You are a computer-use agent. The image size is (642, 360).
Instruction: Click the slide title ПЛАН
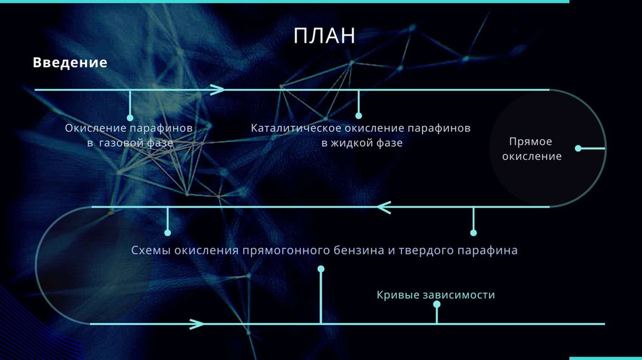click(324, 36)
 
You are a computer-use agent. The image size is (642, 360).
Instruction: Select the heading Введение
click(70, 63)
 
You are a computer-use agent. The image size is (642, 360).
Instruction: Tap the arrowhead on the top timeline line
click(217, 90)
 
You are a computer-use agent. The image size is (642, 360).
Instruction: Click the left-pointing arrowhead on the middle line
click(384, 206)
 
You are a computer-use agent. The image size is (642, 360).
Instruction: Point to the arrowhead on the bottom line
click(197, 324)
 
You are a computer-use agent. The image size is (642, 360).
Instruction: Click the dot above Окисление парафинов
click(130, 117)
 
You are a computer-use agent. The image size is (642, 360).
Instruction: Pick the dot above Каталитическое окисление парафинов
click(359, 115)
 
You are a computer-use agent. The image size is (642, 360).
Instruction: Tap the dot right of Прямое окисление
click(578, 149)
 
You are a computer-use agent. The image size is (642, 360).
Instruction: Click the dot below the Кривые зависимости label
click(436, 304)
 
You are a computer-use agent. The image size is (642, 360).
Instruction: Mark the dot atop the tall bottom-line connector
click(321, 269)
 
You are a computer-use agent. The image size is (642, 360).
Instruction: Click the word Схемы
click(150, 250)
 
